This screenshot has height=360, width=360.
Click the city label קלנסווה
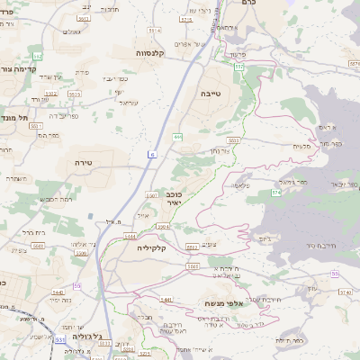pyautogui.click(x=154, y=53)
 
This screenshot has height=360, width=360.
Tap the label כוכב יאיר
pyautogui.click(x=175, y=199)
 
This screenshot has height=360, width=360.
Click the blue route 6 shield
pyautogui.click(x=152, y=156)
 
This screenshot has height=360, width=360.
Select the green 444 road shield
pyautogui.click(x=178, y=137)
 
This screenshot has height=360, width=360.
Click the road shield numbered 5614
pyautogui.click(x=154, y=31)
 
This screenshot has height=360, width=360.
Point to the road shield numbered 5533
pyautogui.click(x=233, y=140)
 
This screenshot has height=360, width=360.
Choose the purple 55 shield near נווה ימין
pyautogui.click(x=78, y=285)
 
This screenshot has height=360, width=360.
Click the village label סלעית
pyautogui.click(x=301, y=147)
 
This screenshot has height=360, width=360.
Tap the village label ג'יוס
pyautogui.click(x=264, y=238)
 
